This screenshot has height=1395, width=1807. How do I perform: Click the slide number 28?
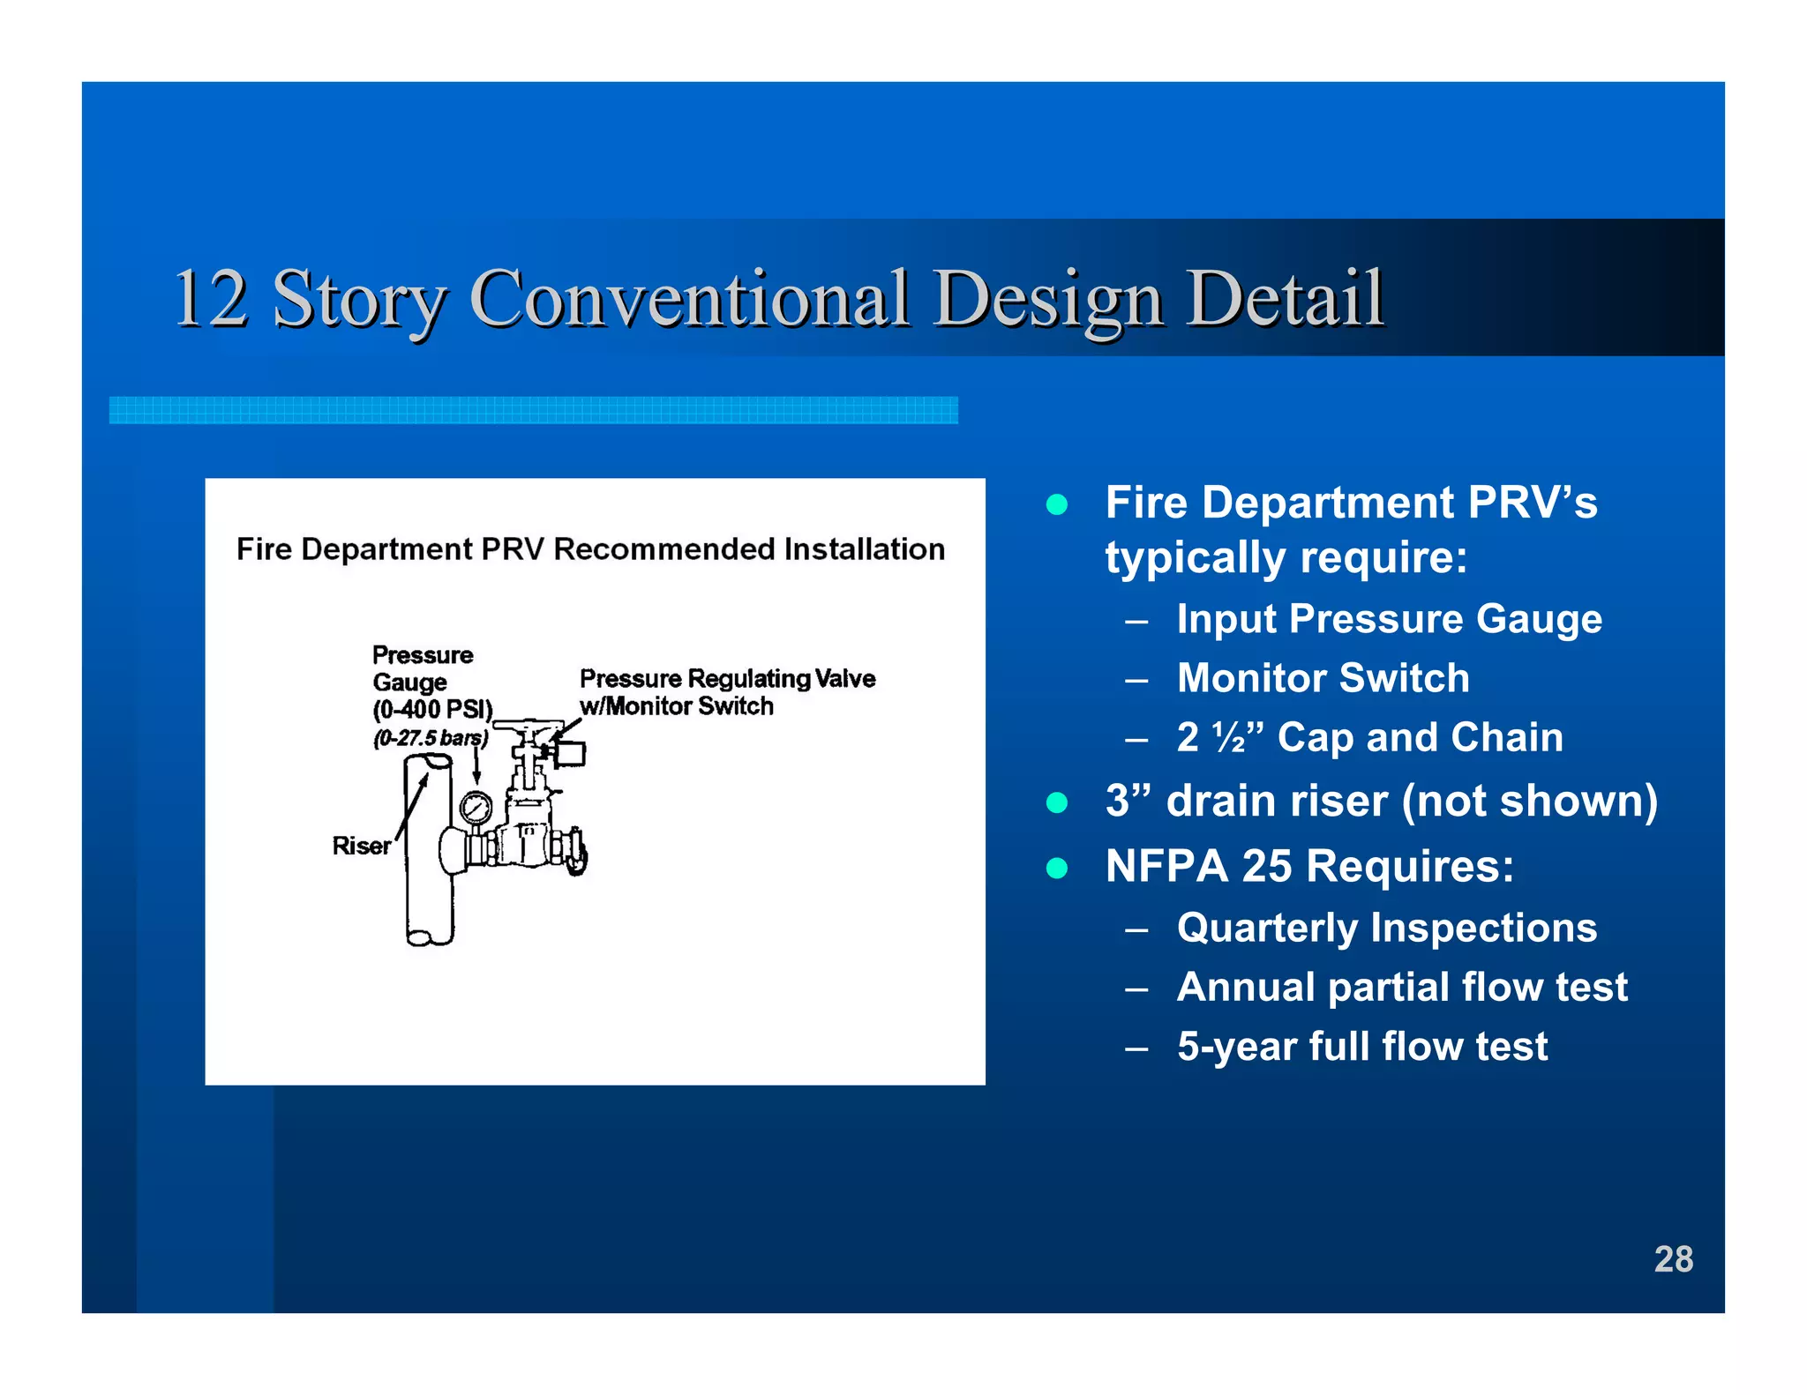coord(1673,1258)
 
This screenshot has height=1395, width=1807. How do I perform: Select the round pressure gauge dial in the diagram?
coord(476,807)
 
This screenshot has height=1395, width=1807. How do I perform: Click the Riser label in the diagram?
coord(361,846)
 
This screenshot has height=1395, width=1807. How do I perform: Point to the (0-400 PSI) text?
coord(432,710)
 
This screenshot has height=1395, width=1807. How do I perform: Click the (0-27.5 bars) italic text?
coord(430,738)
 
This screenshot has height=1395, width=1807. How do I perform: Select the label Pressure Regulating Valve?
coord(727,678)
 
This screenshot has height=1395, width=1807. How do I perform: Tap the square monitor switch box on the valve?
coord(570,753)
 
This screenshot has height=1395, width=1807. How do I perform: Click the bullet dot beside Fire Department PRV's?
coord(1056,504)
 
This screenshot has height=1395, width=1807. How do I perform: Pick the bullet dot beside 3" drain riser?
coord(1056,802)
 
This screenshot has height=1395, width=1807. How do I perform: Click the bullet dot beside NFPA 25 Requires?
coord(1056,868)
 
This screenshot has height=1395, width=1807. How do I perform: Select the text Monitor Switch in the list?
coord(1323,678)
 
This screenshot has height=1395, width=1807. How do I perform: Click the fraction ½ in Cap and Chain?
coord(1229,737)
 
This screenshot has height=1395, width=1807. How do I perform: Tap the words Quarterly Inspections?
coord(1386,928)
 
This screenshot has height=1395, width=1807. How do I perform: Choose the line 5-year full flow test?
coord(1361,1047)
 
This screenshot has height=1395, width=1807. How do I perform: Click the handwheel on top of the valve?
coord(528,728)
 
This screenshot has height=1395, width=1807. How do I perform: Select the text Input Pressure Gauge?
coord(1389,618)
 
